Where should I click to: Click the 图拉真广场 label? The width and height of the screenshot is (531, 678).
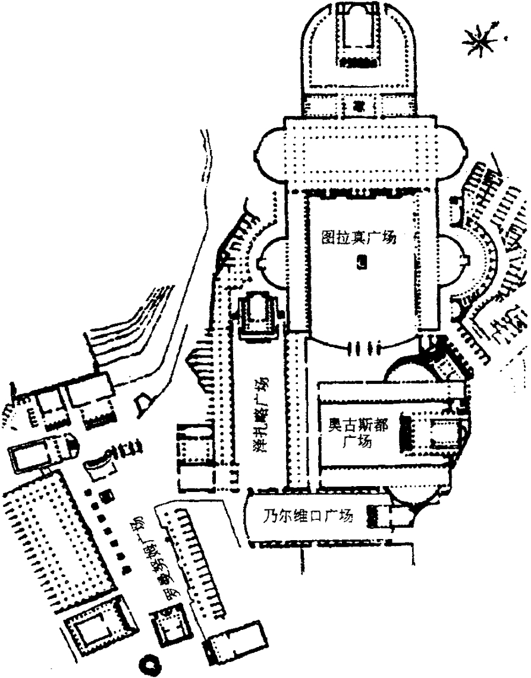(x=358, y=238)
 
